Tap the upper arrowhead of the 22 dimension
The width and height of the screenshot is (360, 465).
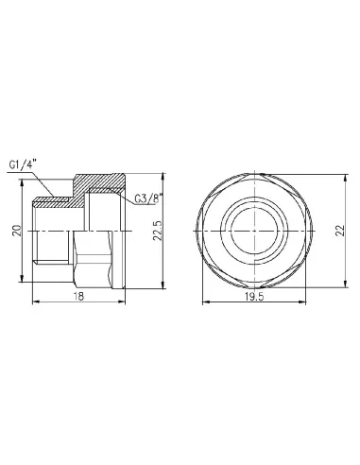pyautogui.click(x=328, y=176)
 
